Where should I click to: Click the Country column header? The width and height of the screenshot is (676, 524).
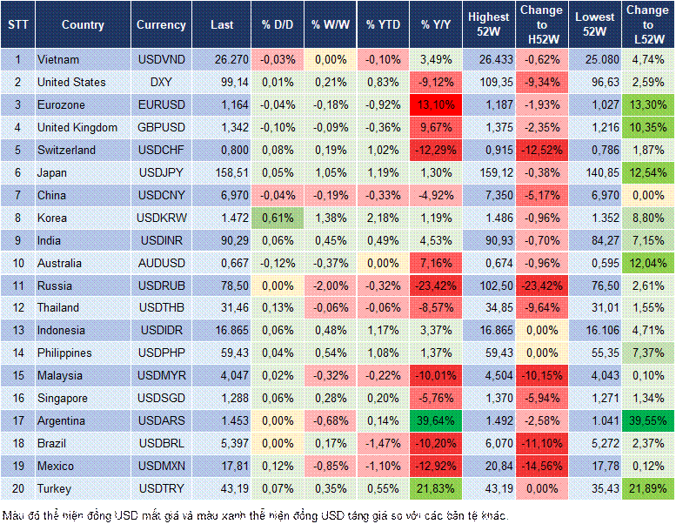tap(83, 25)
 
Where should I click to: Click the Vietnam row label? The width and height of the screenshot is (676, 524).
tap(59, 59)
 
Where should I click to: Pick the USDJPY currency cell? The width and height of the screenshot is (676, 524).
tap(161, 172)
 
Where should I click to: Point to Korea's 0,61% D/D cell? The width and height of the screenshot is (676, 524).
tap(276, 218)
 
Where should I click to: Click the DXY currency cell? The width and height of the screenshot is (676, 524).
tap(161, 82)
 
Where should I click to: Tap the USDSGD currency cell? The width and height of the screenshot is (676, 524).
tap(161, 398)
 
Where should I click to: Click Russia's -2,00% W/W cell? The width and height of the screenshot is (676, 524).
tap(330, 286)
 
